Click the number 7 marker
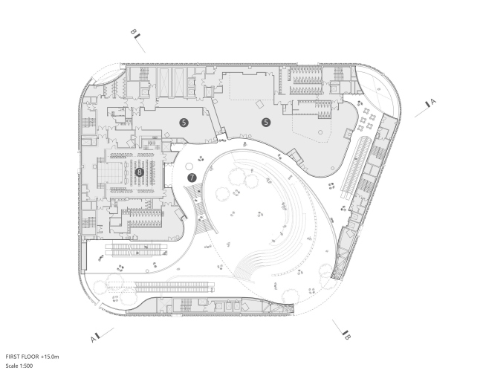coord(192,178)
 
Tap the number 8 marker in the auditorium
coord(139,172)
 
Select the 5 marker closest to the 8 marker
coord(184,123)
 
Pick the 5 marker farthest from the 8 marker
coord(266,123)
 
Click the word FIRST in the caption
coord(13,357)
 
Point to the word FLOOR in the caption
coord(30,357)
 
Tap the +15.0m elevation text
coord(50,357)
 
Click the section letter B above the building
coord(133,32)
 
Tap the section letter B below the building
coord(348,337)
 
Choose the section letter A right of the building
coord(433,101)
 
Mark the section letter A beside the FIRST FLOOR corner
coord(94,340)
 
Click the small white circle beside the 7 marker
coord(189,167)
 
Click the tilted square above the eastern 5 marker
coord(260,105)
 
